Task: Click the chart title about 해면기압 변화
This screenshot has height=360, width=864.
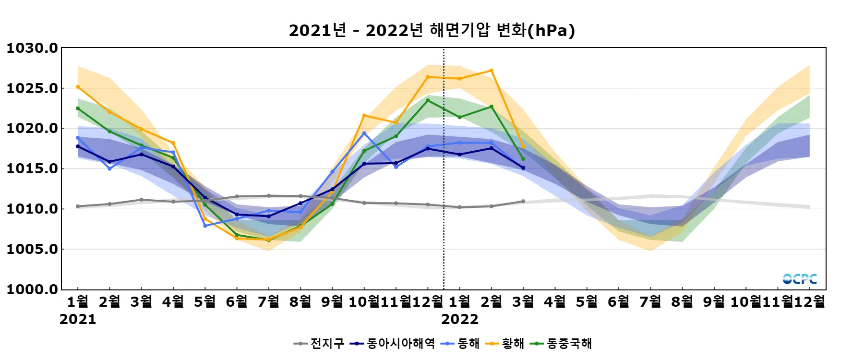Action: coord(432,30)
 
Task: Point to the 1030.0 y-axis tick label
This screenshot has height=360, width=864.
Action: coord(32,48)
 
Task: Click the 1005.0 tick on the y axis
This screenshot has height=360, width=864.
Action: coord(32,249)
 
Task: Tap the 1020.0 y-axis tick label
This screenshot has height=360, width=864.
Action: coord(32,129)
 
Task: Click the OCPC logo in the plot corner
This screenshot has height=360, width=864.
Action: coord(800,279)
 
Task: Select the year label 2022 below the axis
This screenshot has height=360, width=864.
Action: coord(459,319)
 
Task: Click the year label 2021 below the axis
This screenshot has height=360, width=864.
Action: coord(78,319)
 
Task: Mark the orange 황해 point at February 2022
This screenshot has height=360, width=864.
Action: coord(491,71)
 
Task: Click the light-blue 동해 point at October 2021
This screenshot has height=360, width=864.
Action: coord(364,133)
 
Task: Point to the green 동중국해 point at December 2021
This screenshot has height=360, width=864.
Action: coord(428,100)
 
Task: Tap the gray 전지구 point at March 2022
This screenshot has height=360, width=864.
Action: coord(523,201)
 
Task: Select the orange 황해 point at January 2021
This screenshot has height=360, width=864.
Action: coord(78,87)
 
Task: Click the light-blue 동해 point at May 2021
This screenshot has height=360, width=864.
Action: coord(205,226)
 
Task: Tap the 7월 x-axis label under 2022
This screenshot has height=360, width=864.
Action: coord(650,301)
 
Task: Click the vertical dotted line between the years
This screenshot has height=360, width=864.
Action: coord(444,192)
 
